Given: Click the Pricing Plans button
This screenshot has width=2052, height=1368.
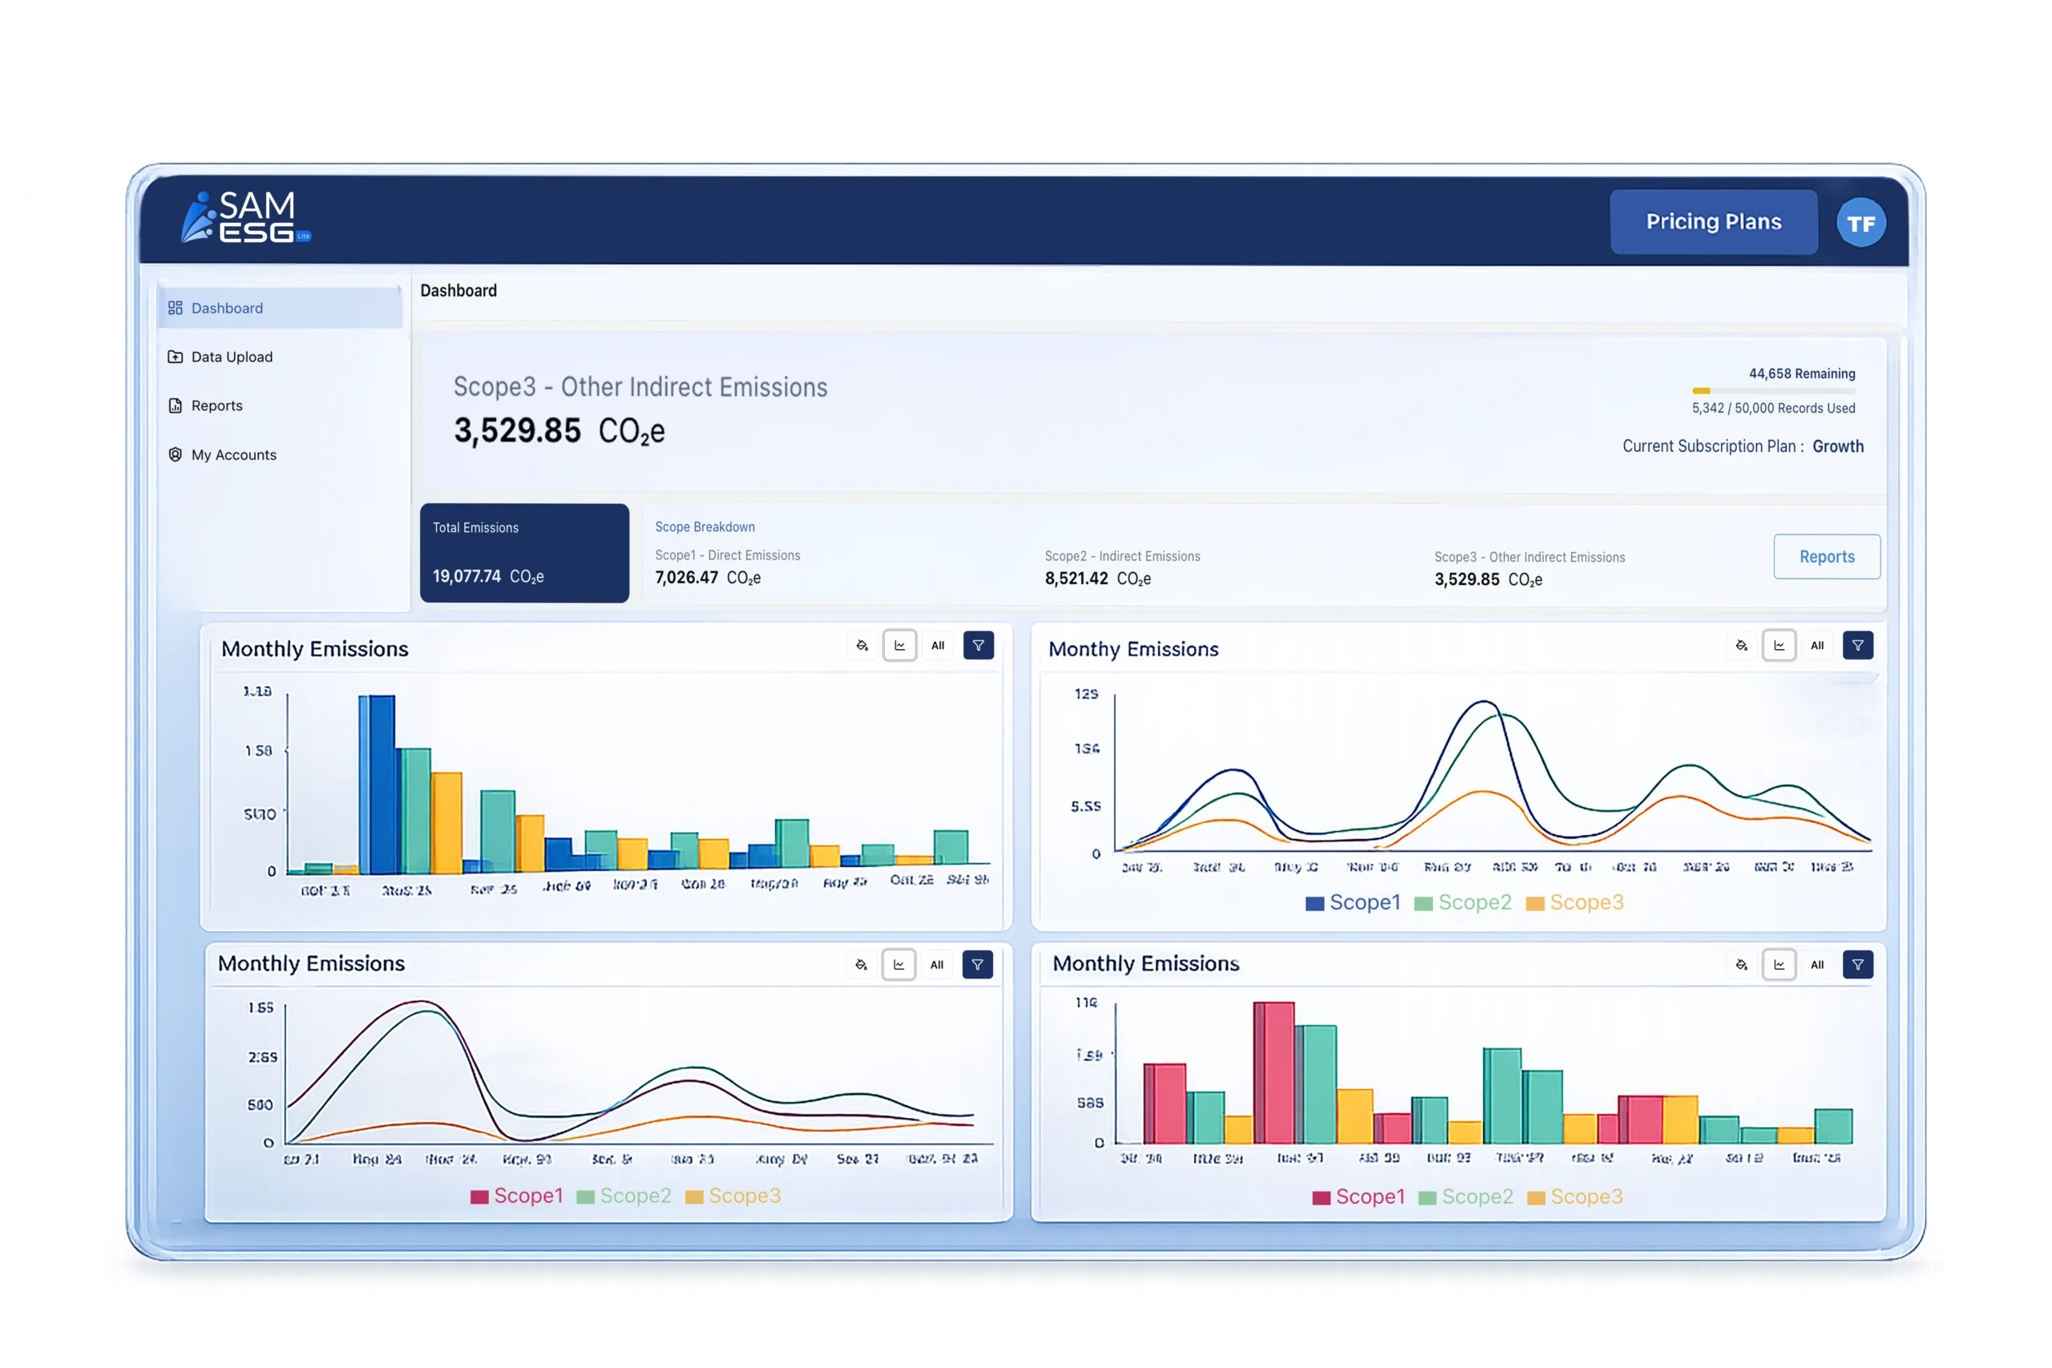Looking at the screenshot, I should [x=1714, y=222].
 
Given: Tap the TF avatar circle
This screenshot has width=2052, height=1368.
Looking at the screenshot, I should [x=1860, y=224].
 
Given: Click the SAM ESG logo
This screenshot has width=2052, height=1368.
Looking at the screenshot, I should [x=245, y=217].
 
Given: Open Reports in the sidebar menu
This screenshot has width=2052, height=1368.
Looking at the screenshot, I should [x=216, y=406].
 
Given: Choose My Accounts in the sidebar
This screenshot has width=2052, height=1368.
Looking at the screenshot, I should [x=233, y=454].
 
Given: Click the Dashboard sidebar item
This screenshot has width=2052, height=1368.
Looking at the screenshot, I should [x=227, y=308].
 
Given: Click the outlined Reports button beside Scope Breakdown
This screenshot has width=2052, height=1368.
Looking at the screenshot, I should [x=1826, y=557].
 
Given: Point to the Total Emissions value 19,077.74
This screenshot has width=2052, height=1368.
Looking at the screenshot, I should [x=467, y=577].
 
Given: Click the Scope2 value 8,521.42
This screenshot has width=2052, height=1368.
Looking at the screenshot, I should [x=1076, y=579].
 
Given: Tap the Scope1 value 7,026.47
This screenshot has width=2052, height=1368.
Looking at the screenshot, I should [x=687, y=578].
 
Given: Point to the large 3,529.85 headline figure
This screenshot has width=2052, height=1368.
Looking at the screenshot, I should [x=517, y=430].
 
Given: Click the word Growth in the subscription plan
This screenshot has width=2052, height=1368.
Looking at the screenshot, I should [x=1837, y=446].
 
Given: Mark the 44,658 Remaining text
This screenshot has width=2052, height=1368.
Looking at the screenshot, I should [x=1802, y=373].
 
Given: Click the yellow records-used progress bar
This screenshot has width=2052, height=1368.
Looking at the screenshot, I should [x=1701, y=391].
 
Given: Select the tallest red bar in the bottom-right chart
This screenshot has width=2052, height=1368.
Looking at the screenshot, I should [x=1274, y=1072].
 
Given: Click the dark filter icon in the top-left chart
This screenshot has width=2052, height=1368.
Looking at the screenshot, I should [x=978, y=646].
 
